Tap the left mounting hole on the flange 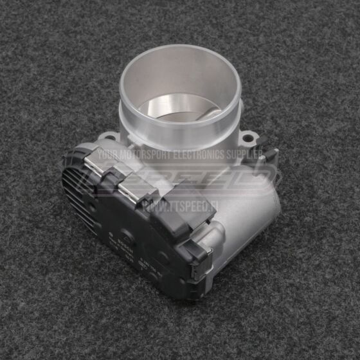coord(111,137)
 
